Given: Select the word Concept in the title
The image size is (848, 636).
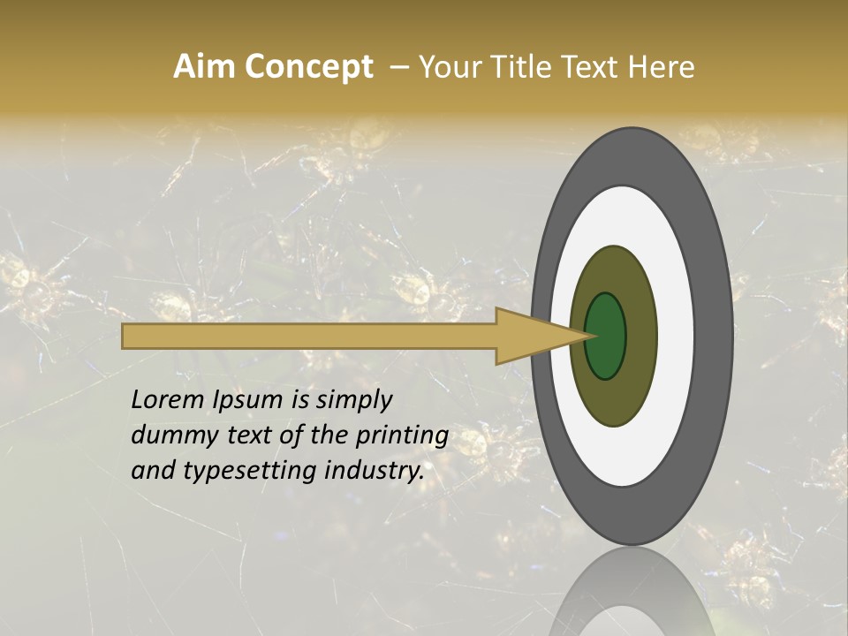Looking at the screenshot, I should pyautogui.click(x=308, y=67).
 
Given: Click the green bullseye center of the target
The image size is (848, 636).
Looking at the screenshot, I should pyautogui.click(x=606, y=336).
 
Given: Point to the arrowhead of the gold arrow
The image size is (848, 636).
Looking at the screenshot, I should pyautogui.click(x=530, y=337).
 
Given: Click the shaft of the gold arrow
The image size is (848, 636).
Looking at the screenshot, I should pyautogui.click(x=309, y=337).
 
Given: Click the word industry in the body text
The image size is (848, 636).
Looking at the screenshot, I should pyautogui.click(x=370, y=472).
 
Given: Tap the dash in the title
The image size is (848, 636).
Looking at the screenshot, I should pyautogui.click(x=398, y=67).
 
